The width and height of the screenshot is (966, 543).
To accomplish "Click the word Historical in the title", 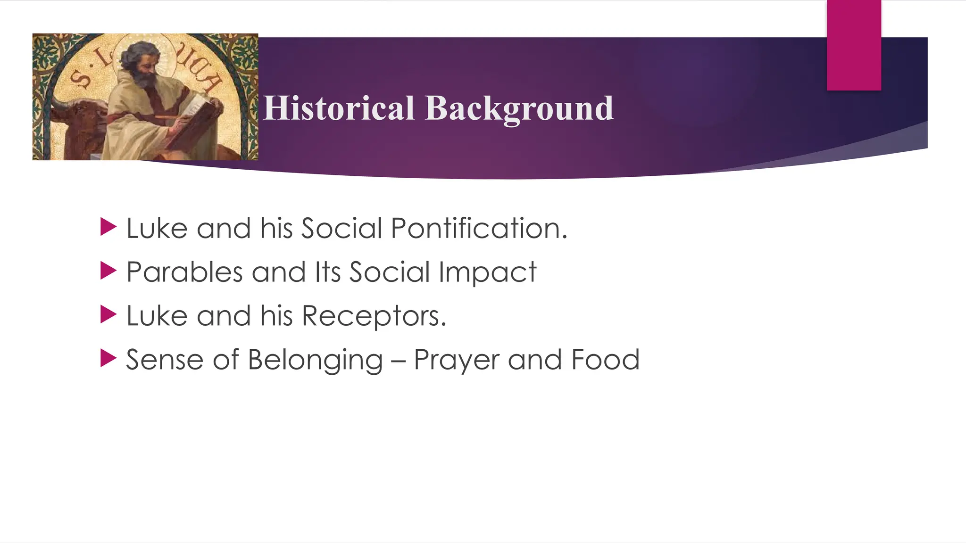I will pos(339,108).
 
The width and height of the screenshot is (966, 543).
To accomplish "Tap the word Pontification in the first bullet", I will pos(478,229).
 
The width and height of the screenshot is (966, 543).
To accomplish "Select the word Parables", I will pos(184,272).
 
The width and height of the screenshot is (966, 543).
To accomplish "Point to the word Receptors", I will pos(373,316).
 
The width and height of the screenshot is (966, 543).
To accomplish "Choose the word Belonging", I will pos(315,360).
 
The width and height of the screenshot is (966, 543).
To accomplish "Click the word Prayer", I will pos(456,360).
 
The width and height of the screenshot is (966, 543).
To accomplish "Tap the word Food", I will pos(605,360).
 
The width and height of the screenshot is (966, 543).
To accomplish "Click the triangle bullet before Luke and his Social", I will pos(108,227).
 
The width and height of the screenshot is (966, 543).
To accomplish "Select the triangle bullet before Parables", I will pos(108,271).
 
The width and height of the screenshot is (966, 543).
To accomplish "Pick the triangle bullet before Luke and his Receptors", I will pos(108,315).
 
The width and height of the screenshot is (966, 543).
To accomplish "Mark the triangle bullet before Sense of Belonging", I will pos(108,359).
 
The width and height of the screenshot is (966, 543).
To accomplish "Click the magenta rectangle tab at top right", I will pos(854,45).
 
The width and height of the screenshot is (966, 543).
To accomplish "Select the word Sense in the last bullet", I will pos(165,360).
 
